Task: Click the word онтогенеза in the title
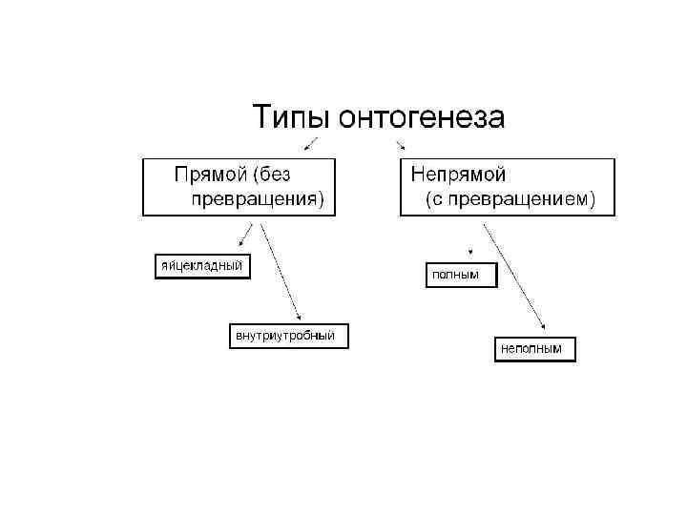pos(415,118)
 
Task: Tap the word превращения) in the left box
pos(258,199)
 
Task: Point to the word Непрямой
pos(458,174)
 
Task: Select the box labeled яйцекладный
pos(201,264)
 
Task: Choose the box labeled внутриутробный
pos(286,336)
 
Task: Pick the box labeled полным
pos(461,275)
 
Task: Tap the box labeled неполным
pos(533,349)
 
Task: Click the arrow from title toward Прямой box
pos(311,143)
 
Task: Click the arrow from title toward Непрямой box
pos(400,143)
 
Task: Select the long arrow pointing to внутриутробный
pos(281,272)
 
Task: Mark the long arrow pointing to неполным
pos(515,277)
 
